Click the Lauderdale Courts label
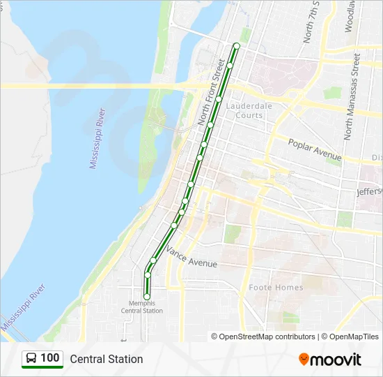(x=249, y=110)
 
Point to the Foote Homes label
(x=276, y=288)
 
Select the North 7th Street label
(x=311, y=22)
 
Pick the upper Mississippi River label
(x=97, y=138)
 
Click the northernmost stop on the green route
(x=236, y=46)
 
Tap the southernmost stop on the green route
(x=147, y=297)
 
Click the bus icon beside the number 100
(x=31, y=359)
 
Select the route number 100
(x=50, y=358)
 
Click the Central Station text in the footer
(x=106, y=359)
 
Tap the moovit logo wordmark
(x=336, y=360)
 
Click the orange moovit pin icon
(x=304, y=360)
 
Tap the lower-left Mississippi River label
(x=24, y=308)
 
